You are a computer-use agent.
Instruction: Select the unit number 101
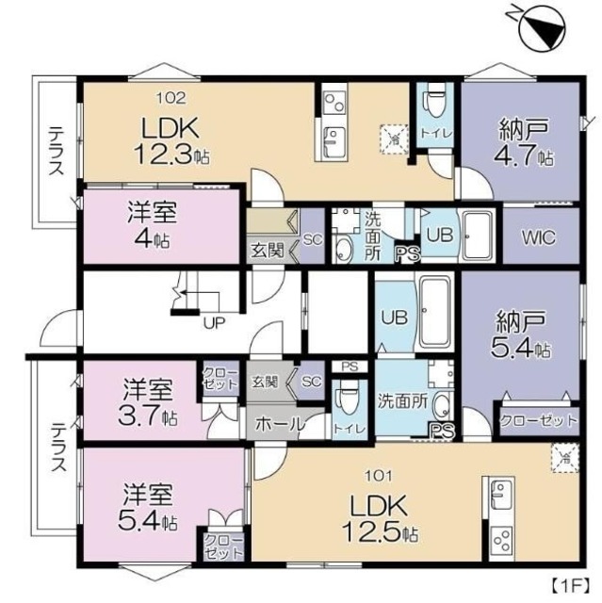coord(378,476)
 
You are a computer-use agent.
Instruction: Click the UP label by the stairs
coord(215,321)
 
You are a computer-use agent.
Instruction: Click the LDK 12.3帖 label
coord(173,140)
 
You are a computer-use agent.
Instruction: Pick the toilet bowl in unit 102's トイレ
coord(435,98)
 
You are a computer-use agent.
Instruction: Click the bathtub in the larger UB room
coord(434,312)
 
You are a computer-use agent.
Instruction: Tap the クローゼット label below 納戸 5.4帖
coord(537,421)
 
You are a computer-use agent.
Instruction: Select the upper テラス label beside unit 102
coord(55,152)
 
